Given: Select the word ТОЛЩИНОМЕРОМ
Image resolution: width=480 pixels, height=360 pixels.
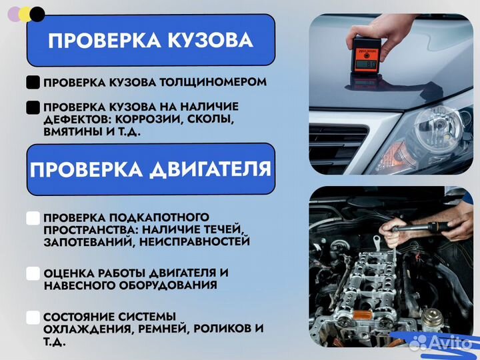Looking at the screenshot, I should coord(213,83).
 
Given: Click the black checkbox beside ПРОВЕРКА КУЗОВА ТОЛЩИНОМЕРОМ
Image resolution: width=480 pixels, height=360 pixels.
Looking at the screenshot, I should coord(33,83).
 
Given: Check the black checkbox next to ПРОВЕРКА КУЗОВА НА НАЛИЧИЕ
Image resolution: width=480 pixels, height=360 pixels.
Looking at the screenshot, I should coord(33,107).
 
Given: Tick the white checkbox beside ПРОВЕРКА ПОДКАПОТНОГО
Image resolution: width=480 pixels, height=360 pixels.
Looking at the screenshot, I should coord(33,218).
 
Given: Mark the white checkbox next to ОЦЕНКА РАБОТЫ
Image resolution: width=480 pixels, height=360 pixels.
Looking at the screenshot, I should coord(33,273).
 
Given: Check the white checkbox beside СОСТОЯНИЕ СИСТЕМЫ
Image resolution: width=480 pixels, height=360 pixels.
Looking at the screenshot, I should coord(33,317).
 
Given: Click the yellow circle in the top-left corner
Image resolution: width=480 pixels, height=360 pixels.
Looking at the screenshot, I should coord(25,15).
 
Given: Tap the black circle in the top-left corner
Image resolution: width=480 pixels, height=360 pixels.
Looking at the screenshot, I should coord(38,14).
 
